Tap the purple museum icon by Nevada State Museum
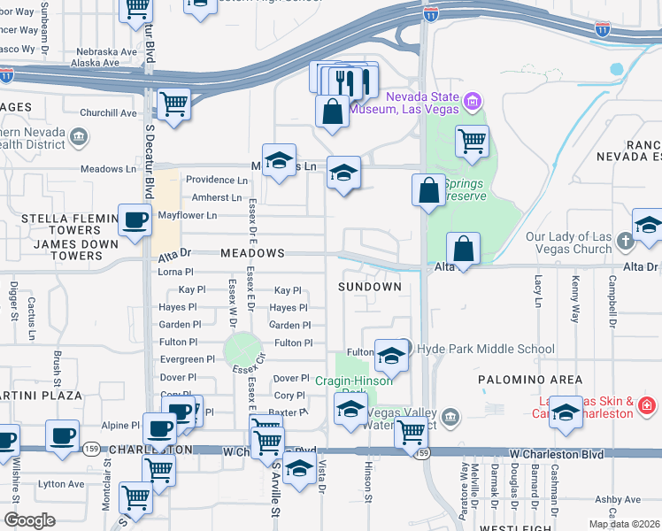(473, 102)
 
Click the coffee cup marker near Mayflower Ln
(135, 220)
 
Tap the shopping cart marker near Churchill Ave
(173, 104)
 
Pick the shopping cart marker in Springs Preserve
(473, 141)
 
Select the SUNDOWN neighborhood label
(371, 287)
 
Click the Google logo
(29, 520)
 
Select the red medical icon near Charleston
(647, 406)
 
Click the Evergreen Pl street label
(188, 359)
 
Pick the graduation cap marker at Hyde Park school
(389, 356)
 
